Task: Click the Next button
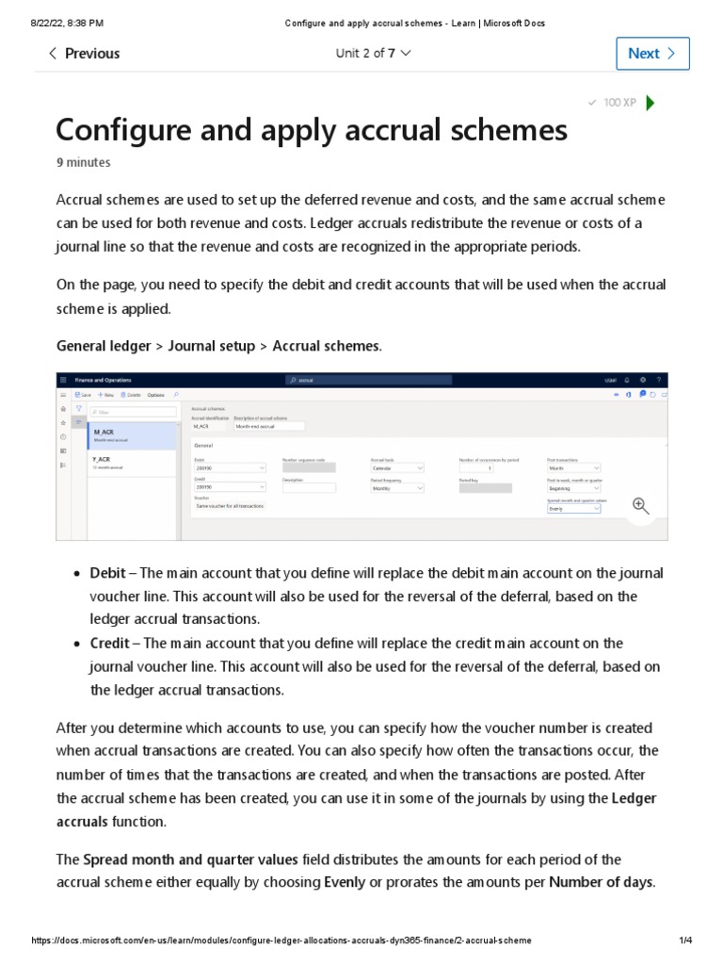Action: click(x=652, y=54)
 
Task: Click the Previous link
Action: click(x=84, y=54)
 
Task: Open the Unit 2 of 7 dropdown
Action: click(x=373, y=54)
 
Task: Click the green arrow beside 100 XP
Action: click(x=651, y=103)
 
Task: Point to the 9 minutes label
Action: click(x=83, y=162)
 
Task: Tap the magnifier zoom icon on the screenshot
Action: click(x=641, y=507)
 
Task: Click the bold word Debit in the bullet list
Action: click(x=108, y=574)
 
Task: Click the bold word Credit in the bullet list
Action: click(x=109, y=644)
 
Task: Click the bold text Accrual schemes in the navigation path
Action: click(x=326, y=346)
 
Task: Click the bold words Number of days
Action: click(x=600, y=883)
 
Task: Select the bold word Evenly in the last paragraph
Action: click(x=345, y=883)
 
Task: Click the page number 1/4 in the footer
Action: click(x=685, y=940)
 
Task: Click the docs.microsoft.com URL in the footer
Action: click(x=281, y=940)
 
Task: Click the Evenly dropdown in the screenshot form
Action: click(x=573, y=508)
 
